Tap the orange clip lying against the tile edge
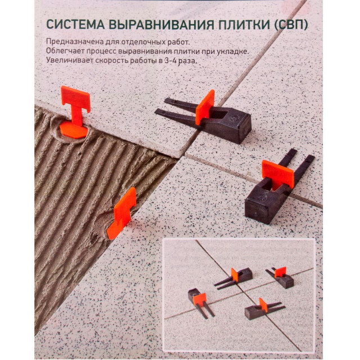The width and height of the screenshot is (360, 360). (x=123, y=213)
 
